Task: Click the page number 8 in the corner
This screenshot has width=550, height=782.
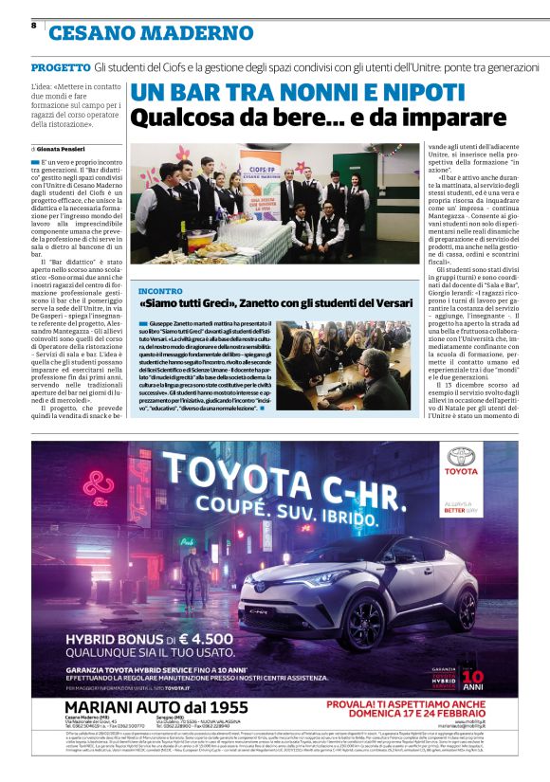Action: [x=34, y=25]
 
